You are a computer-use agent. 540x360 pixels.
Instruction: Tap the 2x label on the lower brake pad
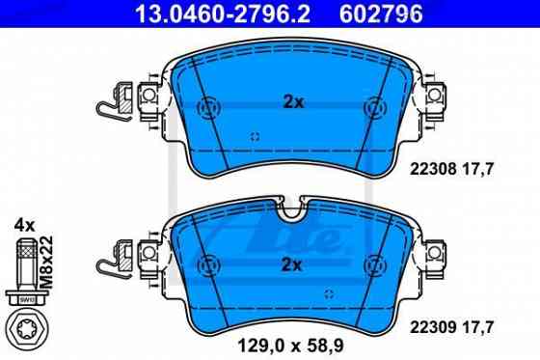tap(291, 263)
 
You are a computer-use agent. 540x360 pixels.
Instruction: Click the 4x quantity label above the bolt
tap(23, 225)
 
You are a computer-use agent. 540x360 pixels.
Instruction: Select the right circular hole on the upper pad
tap(374, 107)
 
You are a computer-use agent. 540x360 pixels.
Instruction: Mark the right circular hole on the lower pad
tap(374, 263)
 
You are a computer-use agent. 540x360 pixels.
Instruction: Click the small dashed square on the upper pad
tap(255, 136)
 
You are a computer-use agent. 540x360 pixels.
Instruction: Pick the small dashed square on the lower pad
tap(329, 292)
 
